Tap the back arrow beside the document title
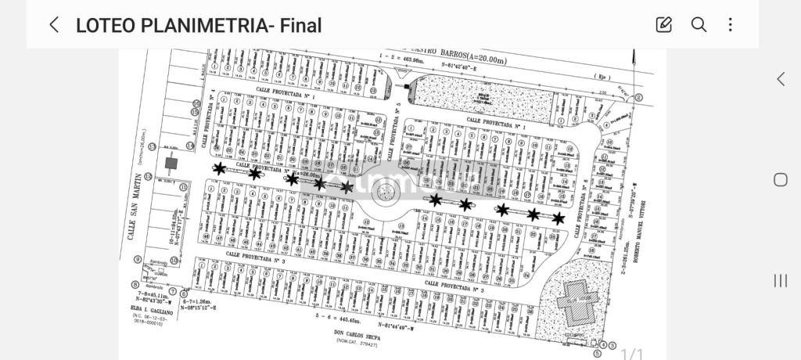coord(54,24)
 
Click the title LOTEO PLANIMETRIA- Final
coord(199,25)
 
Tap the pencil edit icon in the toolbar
coord(664,24)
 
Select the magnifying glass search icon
coord(699,24)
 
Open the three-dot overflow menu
coord(731,24)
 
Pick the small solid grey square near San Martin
coord(171,163)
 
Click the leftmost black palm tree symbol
coord(220,168)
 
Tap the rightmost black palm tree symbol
coord(559,218)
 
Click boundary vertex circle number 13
coord(152,146)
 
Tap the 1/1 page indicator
coord(631,354)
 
